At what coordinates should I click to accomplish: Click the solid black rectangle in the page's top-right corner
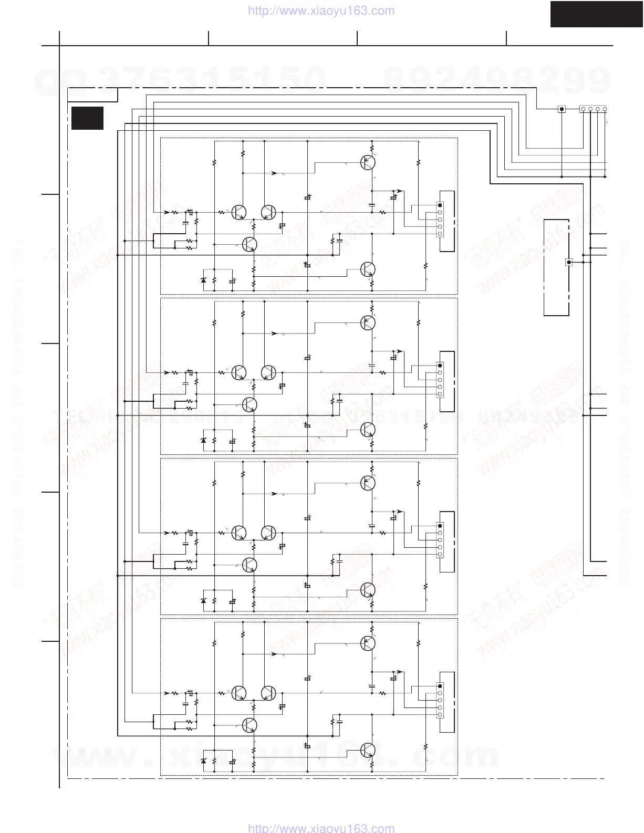click(x=597, y=14)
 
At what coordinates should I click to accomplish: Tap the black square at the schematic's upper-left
click(x=87, y=118)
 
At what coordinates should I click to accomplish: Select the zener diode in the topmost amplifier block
click(x=204, y=280)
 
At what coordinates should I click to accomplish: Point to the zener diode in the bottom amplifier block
click(x=204, y=761)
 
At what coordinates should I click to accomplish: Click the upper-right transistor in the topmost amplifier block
click(x=368, y=162)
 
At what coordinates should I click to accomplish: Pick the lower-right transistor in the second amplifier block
click(x=368, y=430)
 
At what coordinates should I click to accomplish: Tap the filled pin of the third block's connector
click(x=440, y=526)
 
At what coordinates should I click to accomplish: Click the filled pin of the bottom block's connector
click(x=440, y=686)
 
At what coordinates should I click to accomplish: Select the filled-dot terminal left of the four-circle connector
click(x=562, y=109)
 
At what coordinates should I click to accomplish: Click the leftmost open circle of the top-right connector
click(x=584, y=109)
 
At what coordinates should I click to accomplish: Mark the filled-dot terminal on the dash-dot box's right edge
click(x=568, y=262)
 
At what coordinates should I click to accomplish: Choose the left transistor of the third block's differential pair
click(x=239, y=532)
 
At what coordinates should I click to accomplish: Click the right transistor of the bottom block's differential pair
click(x=268, y=693)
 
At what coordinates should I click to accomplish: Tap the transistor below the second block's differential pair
click(x=250, y=404)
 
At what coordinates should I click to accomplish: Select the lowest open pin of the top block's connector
click(x=440, y=233)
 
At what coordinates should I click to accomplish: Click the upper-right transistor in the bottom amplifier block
click(x=368, y=643)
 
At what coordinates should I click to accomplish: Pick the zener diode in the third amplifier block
click(x=204, y=600)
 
